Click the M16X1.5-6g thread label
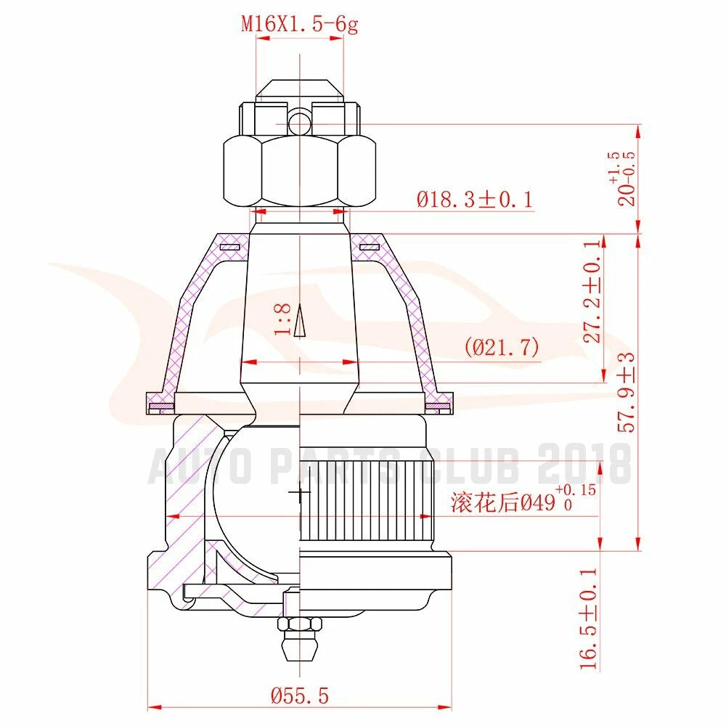300,24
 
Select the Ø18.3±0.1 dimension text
475,200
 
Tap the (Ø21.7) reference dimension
502,347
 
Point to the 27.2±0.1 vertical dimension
592,291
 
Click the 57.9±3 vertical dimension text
627,393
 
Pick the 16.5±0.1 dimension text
589,619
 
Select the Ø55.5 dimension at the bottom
300,696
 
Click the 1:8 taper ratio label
282,319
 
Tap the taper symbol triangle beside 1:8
300,320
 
